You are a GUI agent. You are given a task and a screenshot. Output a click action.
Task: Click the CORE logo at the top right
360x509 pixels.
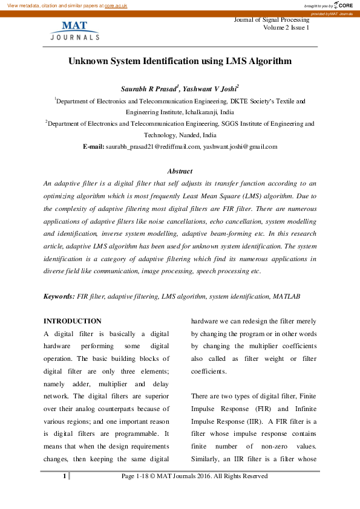click(x=342, y=5)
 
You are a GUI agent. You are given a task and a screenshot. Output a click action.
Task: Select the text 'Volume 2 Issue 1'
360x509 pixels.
click(x=286, y=28)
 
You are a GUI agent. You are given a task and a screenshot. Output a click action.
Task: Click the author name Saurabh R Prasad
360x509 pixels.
click(x=151, y=88)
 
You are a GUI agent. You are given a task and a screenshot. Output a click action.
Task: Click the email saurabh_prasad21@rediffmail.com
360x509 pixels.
click(x=152, y=146)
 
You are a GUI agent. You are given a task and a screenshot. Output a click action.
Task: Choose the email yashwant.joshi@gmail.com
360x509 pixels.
click(x=240, y=146)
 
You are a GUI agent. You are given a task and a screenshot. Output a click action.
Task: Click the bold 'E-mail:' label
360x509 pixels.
click(x=93, y=146)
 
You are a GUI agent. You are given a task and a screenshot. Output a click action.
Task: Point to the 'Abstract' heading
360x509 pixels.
click(x=180, y=171)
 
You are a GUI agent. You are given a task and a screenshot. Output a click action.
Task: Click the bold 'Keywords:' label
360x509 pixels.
click(x=60, y=297)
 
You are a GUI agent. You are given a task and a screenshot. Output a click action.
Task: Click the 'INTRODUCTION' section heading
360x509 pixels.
click(x=73, y=321)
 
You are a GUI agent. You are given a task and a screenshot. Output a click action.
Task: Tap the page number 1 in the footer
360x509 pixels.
click(x=64, y=476)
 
